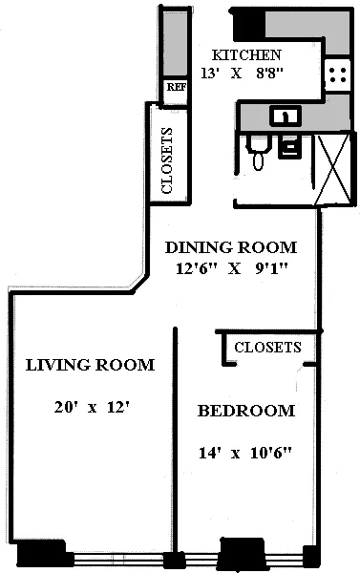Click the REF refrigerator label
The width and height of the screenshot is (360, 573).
point(176,87)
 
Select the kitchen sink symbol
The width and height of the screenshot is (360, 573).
point(283,117)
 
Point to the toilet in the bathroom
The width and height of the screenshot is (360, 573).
point(256,153)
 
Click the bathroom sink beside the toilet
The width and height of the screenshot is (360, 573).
point(291,146)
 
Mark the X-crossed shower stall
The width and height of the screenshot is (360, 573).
point(334,164)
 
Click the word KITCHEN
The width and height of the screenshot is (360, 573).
point(246,55)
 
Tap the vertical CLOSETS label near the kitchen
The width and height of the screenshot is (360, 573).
point(167,160)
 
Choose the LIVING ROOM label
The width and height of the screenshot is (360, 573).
point(91,365)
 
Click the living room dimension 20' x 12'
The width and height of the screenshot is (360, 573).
point(92,408)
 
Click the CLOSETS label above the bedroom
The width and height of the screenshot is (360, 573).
point(267,348)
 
